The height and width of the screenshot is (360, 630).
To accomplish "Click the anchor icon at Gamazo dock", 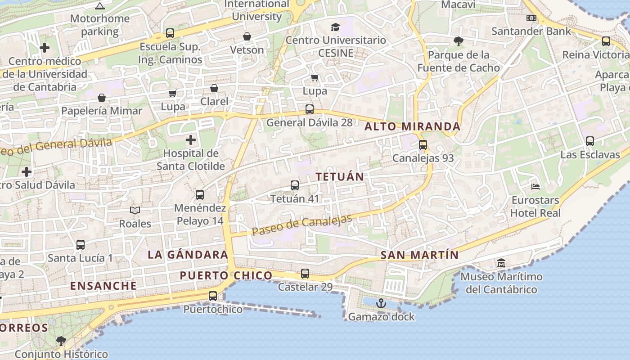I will tap(381, 303).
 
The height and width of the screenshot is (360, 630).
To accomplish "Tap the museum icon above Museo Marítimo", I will tap(501, 263).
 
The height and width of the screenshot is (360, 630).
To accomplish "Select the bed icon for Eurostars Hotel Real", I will tap(535, 186).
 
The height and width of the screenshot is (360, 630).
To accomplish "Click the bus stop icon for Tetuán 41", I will tap(295, 185).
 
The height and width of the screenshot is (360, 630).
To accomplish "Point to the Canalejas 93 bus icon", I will tap(423, 145).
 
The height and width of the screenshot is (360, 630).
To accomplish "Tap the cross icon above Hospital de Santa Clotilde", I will tap(191, 139).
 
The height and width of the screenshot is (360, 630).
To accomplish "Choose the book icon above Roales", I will tap(135, 210).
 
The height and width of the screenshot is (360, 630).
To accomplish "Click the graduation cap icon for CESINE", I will tap(335, 27).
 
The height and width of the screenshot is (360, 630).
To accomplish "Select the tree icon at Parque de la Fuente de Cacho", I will tap(459, 41).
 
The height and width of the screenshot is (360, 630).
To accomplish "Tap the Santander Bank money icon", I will tap(531, 18).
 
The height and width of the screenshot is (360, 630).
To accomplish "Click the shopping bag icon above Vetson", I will tap(247, 36).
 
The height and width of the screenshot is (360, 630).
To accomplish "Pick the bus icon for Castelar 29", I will tap(305, 274).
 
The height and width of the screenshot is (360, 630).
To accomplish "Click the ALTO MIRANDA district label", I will tap(412, 126).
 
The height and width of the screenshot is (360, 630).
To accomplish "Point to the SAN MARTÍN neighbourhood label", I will tap(419, 255).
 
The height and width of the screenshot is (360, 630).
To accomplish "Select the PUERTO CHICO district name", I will tap(226, 275).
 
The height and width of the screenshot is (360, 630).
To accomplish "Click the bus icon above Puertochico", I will tap(213, 296).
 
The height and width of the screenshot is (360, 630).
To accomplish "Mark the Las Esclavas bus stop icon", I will tap(590, 141).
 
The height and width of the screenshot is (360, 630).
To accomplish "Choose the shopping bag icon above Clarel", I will tap(215, 88).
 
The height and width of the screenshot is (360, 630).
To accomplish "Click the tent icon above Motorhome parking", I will tap(100, 6).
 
